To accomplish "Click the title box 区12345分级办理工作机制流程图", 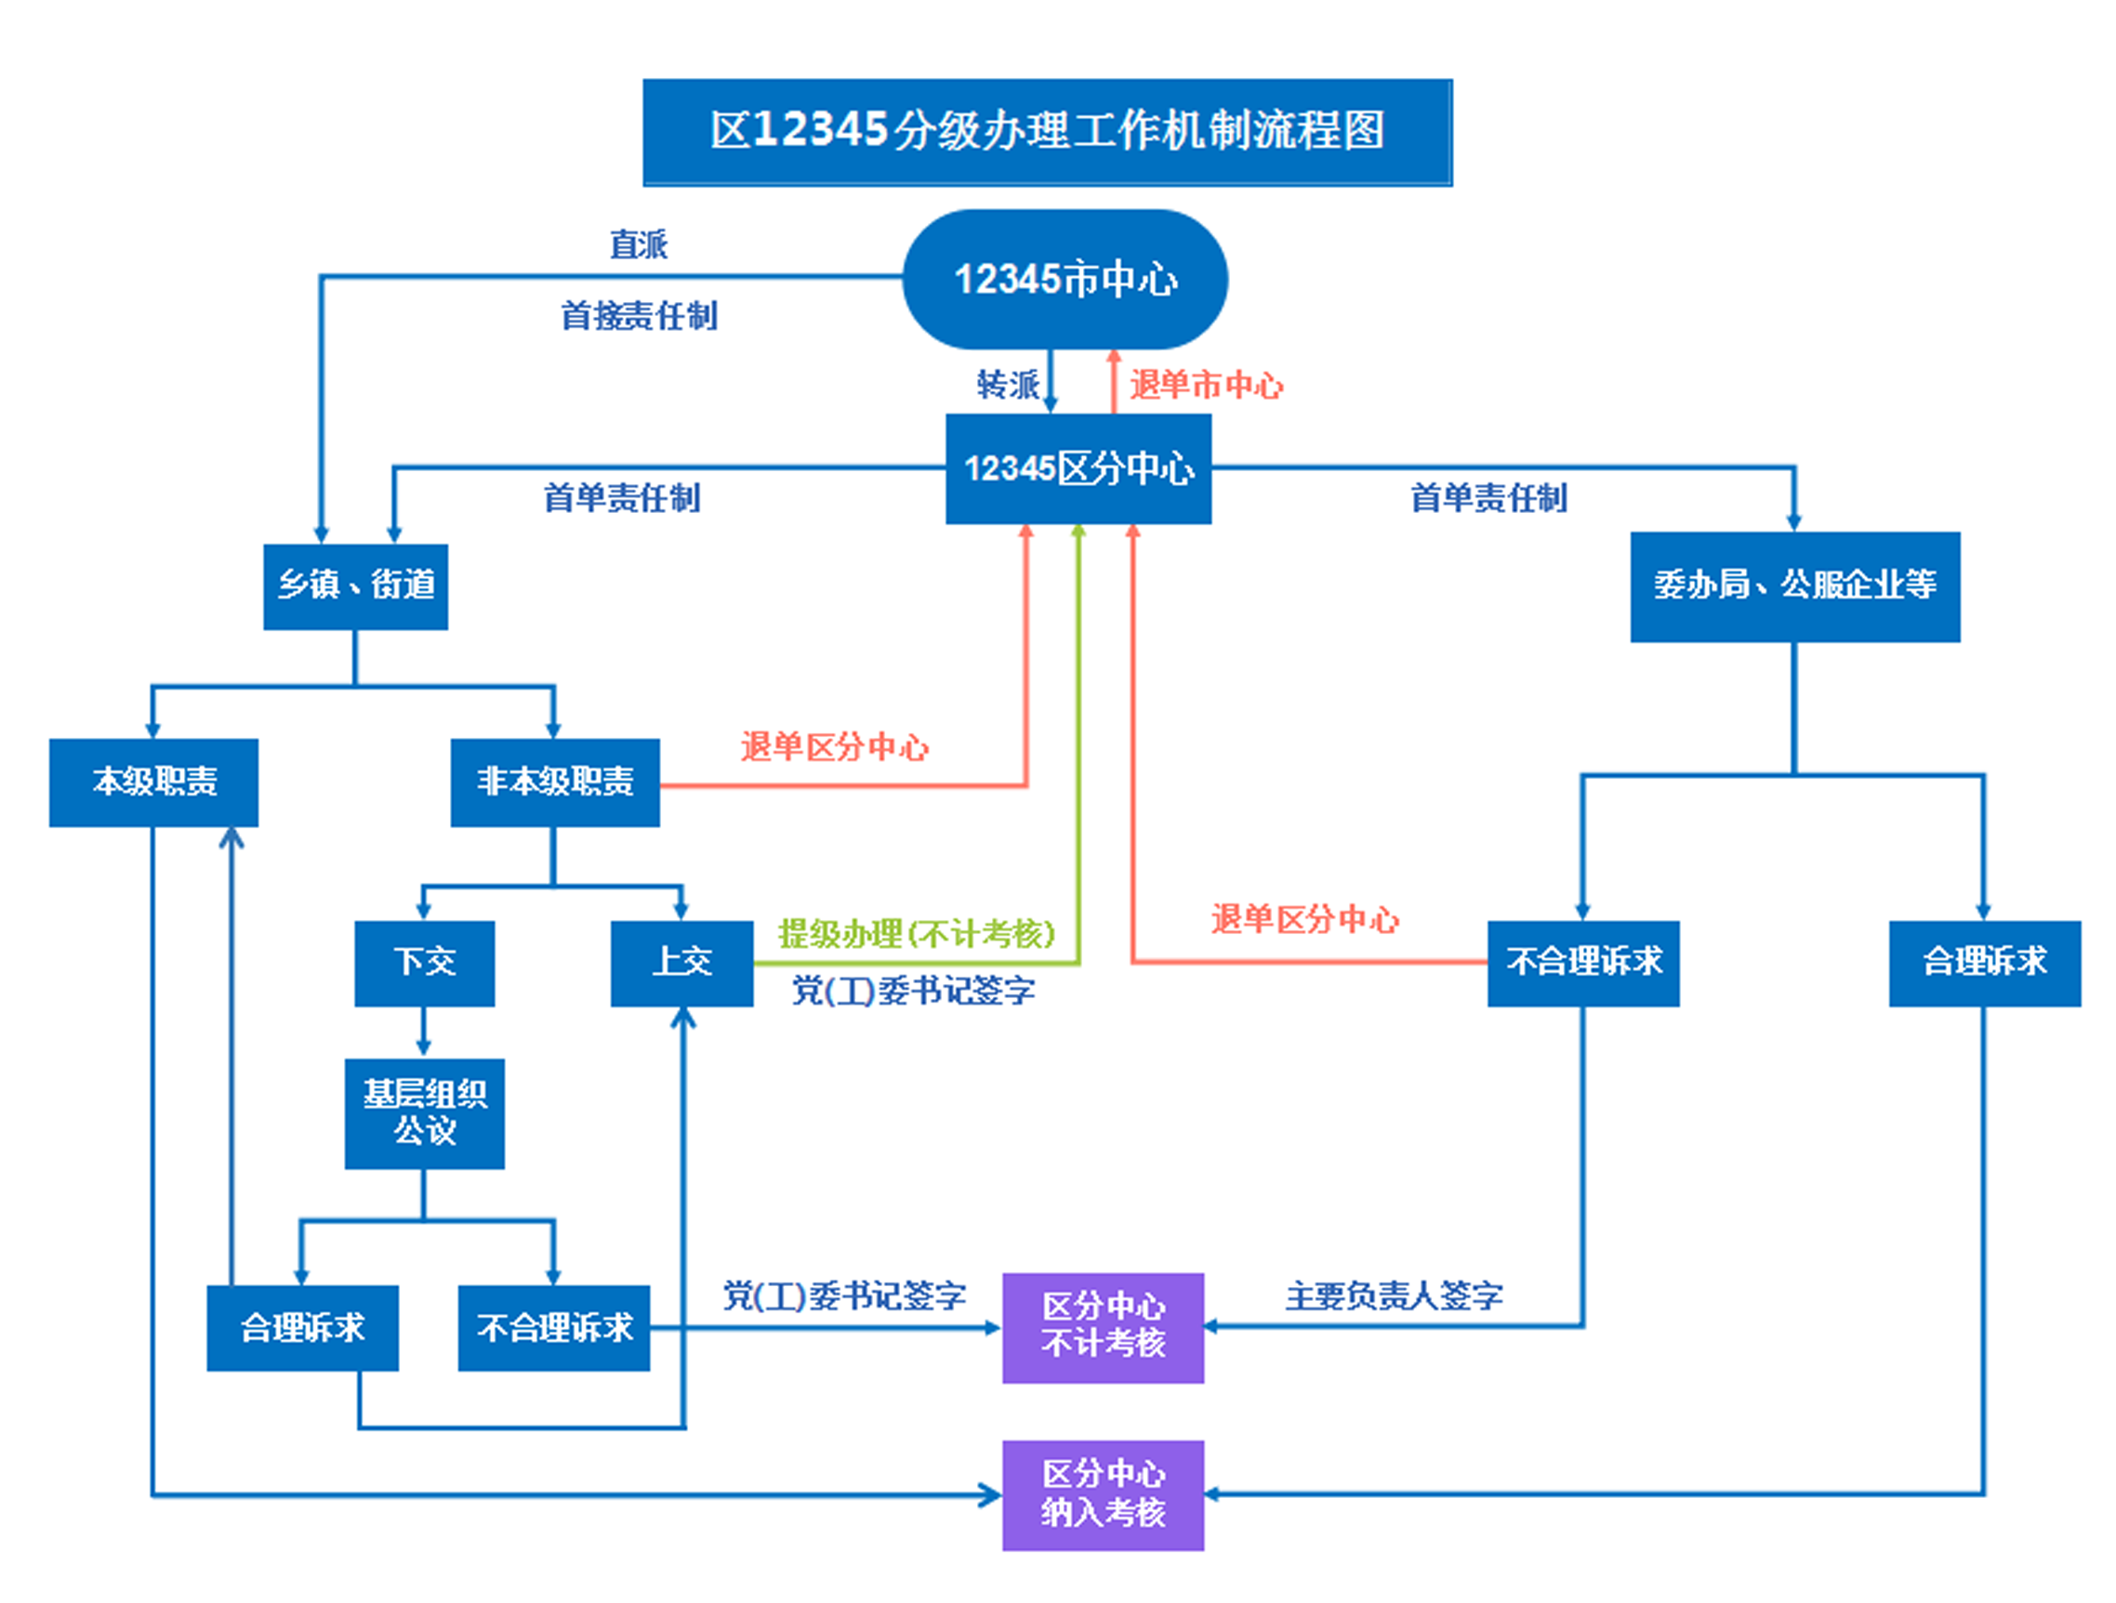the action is pyautogui.click(x=1048, y=132).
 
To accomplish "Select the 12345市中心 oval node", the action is pyautogui.click(x=1065, y=280).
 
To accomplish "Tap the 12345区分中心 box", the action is pyautogui.click(x=1078, y=468).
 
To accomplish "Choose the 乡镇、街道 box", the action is pyautogui.click(x=356, y=586).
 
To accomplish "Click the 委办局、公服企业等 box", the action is pyautogui.click(x=1794, y=586).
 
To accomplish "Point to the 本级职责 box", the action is pyautogui.click(x=153, y=782).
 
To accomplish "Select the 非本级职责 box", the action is pyautogui.click(x=555, y=782).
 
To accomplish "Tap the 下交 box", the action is pyautogui.click(x=425, y=963).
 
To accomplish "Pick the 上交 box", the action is pyautogui.click(x=682, y=963).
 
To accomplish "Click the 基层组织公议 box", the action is pyautogui.click(x=425, y=1113).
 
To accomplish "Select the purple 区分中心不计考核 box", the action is pyautogui.click(x=1103, y=1328).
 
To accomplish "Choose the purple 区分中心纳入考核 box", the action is pyautogui.click(x=1103, y=1495).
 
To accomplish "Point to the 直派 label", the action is pyautogui.click(x=639, y=244).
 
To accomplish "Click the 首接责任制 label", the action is pyautogui.click(x=639, y=316).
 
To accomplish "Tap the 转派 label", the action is pyautogui.click(x=1007, y=385).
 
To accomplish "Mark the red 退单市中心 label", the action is pyautogui.click(x=1206, y=385).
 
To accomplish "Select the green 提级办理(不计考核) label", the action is pyautogui.click(x=917, y=934).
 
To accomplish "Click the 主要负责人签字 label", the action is pyautogui.click(x=1394, y=1296).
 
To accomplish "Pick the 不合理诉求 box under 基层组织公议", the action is pyautogui.click(x=554, y=1328).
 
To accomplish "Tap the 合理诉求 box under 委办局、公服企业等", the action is pyautogui.click(x=1985, y=963).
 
